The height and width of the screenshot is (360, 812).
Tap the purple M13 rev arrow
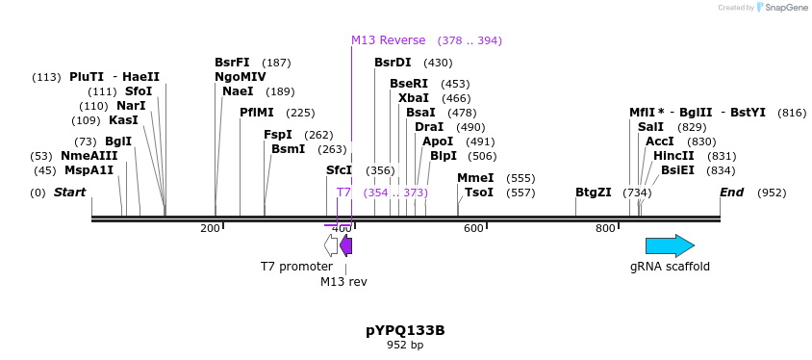[346, 245]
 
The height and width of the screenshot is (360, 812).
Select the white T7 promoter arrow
[331, 245]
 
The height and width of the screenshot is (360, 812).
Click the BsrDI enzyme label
[393, 63]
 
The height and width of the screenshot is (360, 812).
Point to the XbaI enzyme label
[414, 98]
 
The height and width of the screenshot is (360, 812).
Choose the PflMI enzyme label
[257, 113]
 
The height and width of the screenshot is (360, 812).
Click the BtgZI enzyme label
[593, 193]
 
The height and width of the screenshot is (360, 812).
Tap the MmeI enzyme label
[475, 178]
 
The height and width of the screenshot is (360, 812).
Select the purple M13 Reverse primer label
[388, 40]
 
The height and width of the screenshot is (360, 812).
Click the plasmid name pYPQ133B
[405, 330]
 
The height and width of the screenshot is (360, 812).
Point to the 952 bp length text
[405, 345]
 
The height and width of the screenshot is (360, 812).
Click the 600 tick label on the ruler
[473, 228]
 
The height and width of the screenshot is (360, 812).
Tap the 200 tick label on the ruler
[210, 228]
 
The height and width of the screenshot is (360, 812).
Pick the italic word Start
[69, 193]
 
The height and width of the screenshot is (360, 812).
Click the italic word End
[732, 193]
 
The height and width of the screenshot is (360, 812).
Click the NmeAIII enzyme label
[89, 156]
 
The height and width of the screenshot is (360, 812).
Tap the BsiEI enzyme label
[677, 170]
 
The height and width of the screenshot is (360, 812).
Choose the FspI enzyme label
[278, 135]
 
